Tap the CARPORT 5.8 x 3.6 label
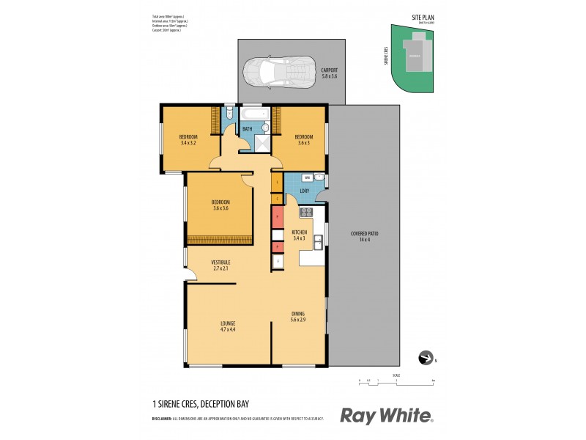pyautogui.click(x=330, y=73)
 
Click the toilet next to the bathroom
pyautogui.click(x=229, y=114)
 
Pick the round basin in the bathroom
pyautogui.click(x=267, y=128)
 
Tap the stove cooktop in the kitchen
pyautogui.click(x=306, y=213)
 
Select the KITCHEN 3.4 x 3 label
pyautogui.click(x=299, y=235)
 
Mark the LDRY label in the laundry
pyautogui.click(x=304, y=192)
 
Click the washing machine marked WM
pyautogui.click(x=308, y=178)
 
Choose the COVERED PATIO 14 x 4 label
pyautogui.click(x=368, y=236)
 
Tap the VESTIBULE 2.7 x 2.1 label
pyautogui.click(x=220, y=265)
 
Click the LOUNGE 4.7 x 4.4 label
pyautogui.click(x=227, y=326)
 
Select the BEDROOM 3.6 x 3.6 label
pyautogui.click(x=220, y=205)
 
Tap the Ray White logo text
pyautogui.click(x=386, y=416)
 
